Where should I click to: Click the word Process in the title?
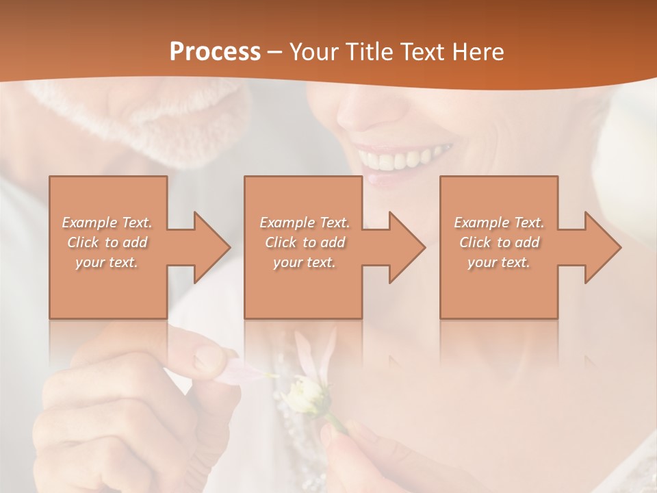click(215, 52)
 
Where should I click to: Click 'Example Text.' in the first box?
click(107, 223)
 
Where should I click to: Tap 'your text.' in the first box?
click(107, 262)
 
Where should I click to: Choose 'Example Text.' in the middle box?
click(304, 223)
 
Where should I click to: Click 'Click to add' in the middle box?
click(304, 242)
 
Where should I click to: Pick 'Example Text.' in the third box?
click(499, 223)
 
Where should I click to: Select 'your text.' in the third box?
click(499, 262)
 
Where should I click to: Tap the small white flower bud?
click(304, 394)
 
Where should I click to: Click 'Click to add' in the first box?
click(107, 242)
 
